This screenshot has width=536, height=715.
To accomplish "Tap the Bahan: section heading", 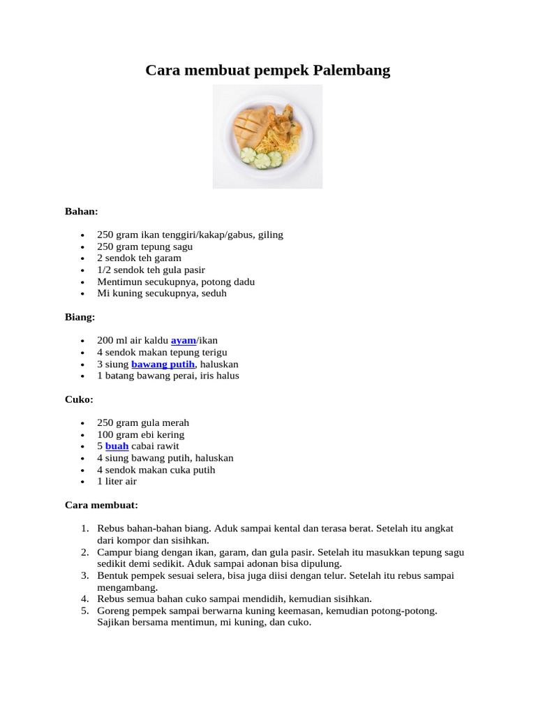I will (x=82, y=211).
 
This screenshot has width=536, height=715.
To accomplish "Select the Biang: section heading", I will (x=80, y=317).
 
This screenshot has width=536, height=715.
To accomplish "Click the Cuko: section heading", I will (x=79, y=399).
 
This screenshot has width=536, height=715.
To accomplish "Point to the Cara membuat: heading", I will (x=101, y=505).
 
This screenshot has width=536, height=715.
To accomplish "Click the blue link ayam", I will (x=184, y=341).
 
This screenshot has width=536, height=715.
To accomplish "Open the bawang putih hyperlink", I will (x=163, y=364).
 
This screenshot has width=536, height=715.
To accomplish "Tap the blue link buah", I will (x=117, y=446).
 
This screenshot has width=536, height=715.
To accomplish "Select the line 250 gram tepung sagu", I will (x=144, y=246).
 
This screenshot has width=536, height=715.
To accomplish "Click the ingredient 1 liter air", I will (x=117, y=482).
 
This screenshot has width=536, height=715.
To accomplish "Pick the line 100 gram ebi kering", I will (x=140, y=434).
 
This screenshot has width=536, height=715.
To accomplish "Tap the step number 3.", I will (x=84, y=576).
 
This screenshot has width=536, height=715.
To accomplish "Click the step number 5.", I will (x=84, y=611).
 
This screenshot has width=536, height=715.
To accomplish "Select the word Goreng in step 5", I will (x=113, y=611).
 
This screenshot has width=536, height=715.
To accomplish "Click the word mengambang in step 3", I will (x=124, y=588).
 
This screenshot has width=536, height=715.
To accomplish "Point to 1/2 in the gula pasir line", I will (x=103, y=270).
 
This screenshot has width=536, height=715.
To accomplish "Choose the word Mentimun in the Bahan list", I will (x=118, y=282).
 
